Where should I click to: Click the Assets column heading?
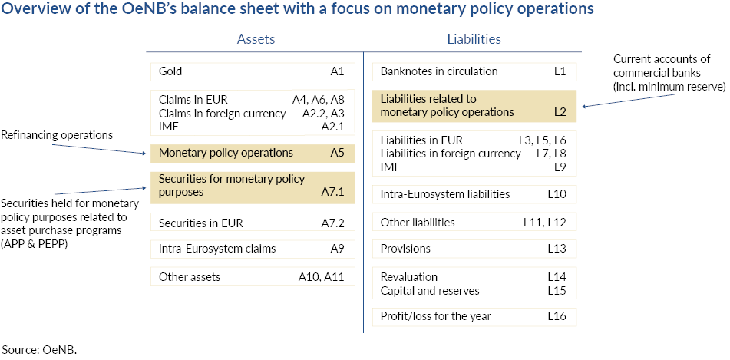[256, 39]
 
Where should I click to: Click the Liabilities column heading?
[474, 39]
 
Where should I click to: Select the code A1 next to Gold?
[336, 71]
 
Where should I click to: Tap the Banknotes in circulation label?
[439, 71]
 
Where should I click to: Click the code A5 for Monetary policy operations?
[337, 153]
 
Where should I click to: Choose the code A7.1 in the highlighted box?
[332, 192]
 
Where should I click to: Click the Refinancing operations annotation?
[57, 135]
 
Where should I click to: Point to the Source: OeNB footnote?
[40, 349]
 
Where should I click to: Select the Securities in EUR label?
[200, 223]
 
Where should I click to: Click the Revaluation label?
[409, 276]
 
